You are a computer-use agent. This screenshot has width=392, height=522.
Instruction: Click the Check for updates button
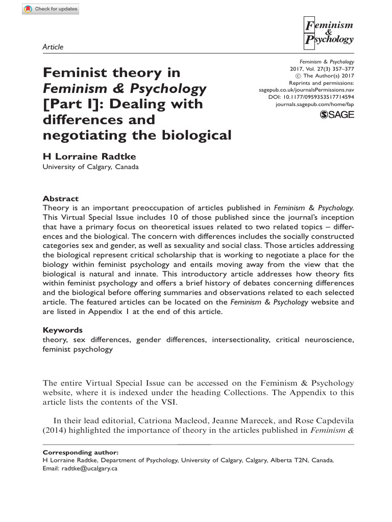coord(51,10)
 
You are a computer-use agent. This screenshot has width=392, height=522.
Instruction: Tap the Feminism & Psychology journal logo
coord(328,32)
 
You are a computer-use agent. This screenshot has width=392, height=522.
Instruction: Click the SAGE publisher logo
coord(336,116)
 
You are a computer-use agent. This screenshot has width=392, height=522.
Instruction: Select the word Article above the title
coord(53,47)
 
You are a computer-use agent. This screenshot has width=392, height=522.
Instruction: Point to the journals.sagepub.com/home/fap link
coord(314,104)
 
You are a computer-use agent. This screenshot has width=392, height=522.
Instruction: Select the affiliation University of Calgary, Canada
coord(90,167)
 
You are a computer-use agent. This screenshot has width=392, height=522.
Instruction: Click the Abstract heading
coord(60,199)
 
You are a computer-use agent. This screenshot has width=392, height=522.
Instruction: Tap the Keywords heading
coord(62,330)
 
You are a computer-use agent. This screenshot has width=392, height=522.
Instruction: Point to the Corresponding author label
coord(81,452)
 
